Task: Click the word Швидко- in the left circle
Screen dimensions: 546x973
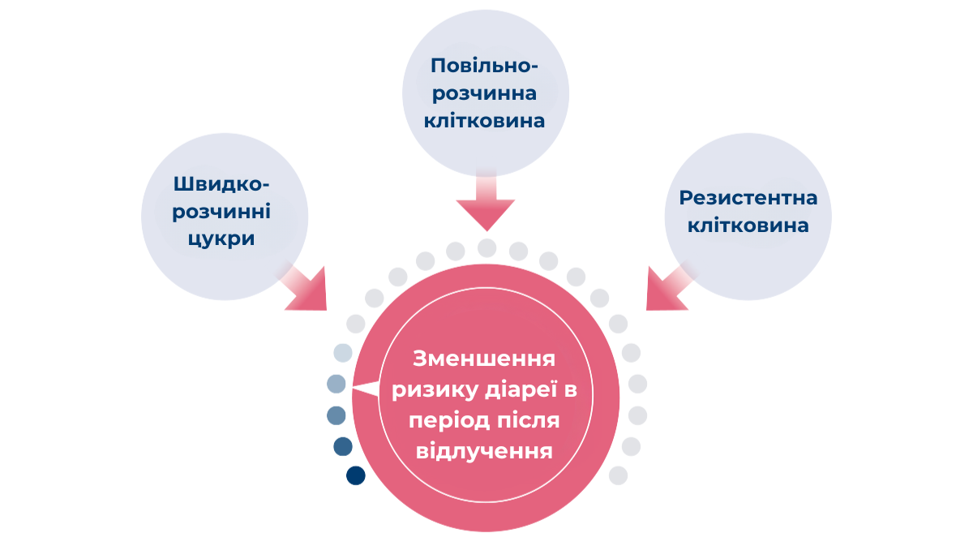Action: pyautogui.click(x=221, y=184)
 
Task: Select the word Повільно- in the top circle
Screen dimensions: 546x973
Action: pyautogui.click(x=486, y=65)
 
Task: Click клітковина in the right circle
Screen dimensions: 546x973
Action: pyautogui.click(x=748, y=226)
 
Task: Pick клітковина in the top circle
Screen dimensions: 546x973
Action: pyautogui.click(x=486, y=122)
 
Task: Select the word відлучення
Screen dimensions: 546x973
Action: pyautogui.click(x=484, y=450)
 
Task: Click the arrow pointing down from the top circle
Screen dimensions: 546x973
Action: pyautogui.click(x=486, y=203)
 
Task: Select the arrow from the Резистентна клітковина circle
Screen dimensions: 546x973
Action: pyautogui.click(x=667, y=288)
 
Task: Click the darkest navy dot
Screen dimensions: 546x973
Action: pyautogui.click(x=355, y=476)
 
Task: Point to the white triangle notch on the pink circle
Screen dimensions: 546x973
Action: pyautogui.click(x=366, y=389)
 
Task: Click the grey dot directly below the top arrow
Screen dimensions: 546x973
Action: pyautogui.click(x=486, y=247)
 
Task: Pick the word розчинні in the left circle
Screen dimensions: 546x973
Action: pyautogui.click(x=221, y=212)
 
